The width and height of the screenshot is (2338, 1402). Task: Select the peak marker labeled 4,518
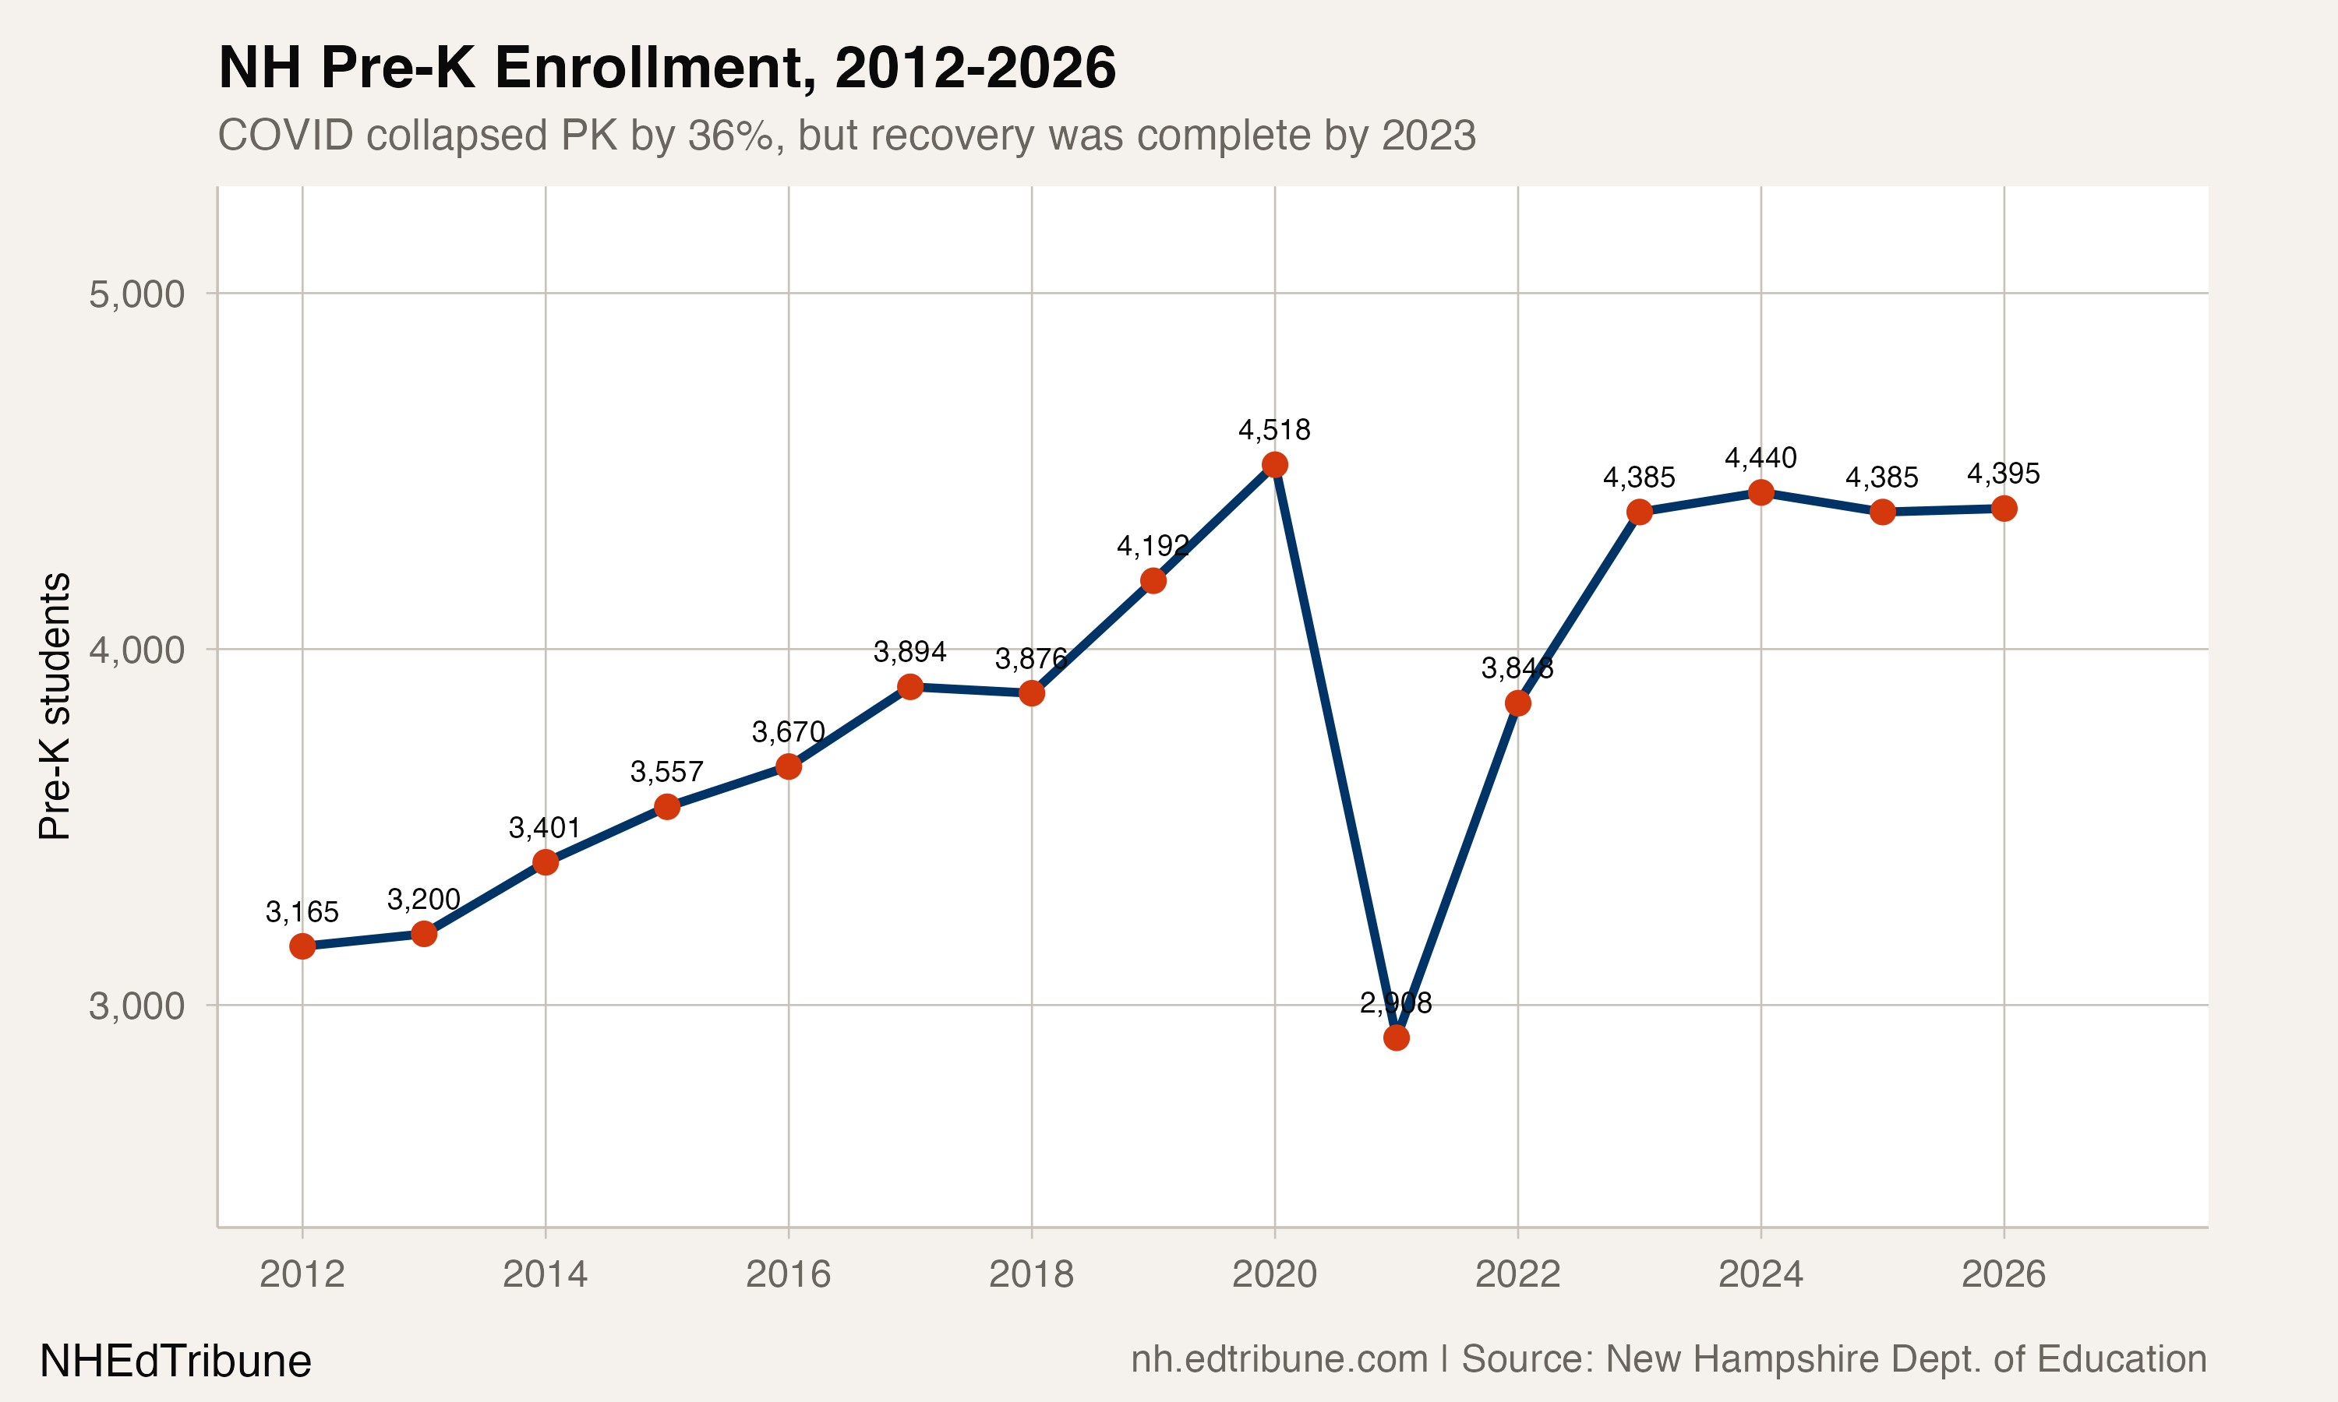[x=1274, y=465]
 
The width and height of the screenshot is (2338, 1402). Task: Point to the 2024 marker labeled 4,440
[x=1761, y=492]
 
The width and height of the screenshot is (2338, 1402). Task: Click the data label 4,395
[x=2004, y=474]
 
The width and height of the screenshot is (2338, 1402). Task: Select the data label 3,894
[x=909, y=652]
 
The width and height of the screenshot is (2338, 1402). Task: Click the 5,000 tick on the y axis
[x=137, y=294]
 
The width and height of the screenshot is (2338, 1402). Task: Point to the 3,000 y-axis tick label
[x=137, y=1006]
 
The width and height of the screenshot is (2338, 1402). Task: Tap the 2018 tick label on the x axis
[x=1031, y=1274]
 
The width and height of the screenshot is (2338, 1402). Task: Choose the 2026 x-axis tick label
[x=2004, y=1274]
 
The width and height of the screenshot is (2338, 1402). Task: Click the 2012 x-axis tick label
[x=302, y=1274]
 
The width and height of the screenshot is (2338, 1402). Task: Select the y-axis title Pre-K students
[x=55, y=706]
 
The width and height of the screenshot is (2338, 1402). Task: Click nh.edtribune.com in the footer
[x=1279, y=1359]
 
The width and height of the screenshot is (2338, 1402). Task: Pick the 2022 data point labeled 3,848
[x=1517, y=703]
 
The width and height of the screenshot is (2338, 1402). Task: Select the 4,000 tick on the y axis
[x=137, y=650]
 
